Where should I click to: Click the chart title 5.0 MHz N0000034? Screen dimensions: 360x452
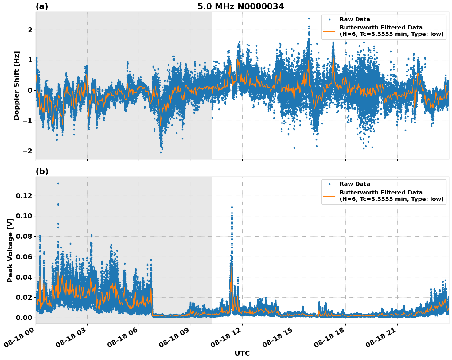[x=240, y=6]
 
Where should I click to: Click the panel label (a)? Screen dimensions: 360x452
[x=42, y=6]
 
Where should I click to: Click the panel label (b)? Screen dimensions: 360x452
[x=42, y=171]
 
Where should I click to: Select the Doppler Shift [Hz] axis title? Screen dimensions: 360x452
[x=17, y=85]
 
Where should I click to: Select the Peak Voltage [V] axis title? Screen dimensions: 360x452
[x=10, y=250]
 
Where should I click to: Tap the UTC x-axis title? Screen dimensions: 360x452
[x=242, y=353]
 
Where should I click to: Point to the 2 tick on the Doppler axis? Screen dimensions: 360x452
[x=30, y=30]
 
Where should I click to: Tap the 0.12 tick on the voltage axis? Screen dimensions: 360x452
[x=25, y=196]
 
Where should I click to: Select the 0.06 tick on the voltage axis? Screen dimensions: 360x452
[x=25, y=257]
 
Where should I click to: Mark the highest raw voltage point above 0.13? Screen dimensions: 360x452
[x=58, y=183]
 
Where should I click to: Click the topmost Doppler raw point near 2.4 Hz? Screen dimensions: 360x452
[x=309, y=18]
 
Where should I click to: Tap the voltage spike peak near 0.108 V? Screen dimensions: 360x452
[x=232, y=207]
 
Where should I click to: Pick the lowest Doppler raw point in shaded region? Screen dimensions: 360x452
[x=161, y=152]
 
